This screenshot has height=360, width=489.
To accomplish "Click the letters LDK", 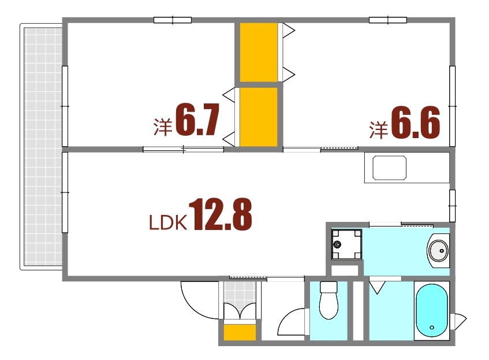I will tap(167, 223).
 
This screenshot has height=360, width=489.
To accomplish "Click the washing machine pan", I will tap(346, 244).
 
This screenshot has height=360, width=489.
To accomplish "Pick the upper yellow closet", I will tap(259, 52).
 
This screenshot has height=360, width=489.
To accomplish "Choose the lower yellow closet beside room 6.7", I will tap(259, 117).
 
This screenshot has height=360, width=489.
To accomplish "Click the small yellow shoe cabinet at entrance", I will tap(240, 333).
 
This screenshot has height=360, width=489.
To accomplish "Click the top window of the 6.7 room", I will tap(173, 20).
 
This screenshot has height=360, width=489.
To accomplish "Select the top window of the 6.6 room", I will tap(387, 20).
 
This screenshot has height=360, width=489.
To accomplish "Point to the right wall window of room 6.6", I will tap(452, 106).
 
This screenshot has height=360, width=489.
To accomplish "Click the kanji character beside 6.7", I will tap(163, 127).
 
